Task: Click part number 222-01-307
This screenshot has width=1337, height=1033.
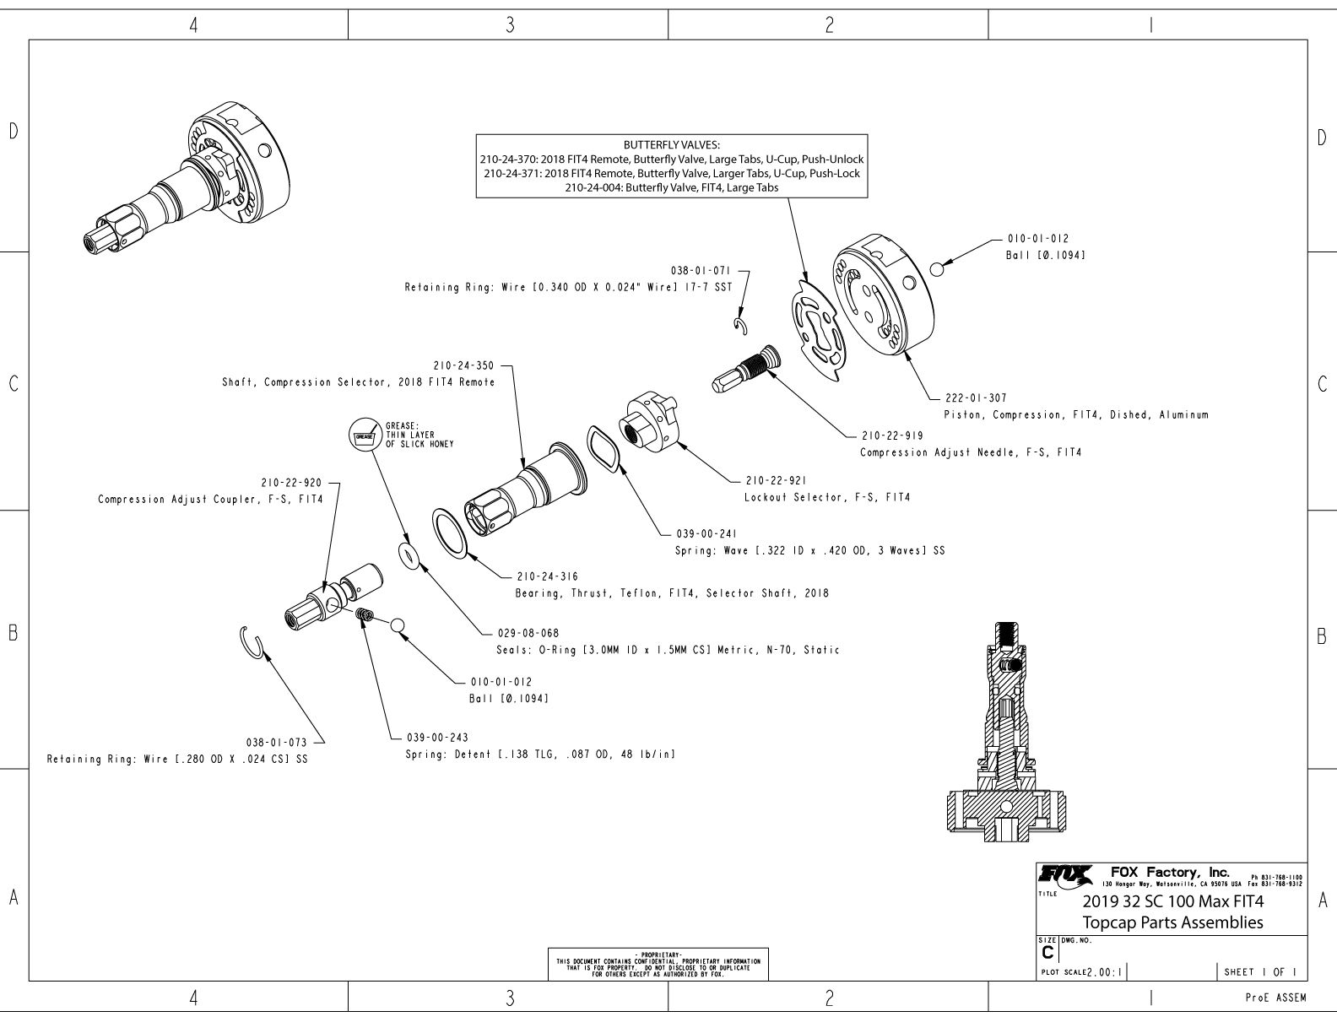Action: click(975, 398)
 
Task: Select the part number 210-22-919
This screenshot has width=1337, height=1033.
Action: click(892, 435)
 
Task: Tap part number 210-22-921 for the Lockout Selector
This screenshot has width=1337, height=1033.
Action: click(776, 480)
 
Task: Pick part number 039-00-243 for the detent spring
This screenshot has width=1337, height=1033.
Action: click(436, 737)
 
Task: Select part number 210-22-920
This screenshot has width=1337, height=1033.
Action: click(291, 483)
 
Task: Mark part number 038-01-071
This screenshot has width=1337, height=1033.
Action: click(700, 271)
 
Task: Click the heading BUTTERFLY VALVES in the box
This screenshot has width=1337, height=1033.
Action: click(672, 145)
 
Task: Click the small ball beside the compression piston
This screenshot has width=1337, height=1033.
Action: click(935, 268)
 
